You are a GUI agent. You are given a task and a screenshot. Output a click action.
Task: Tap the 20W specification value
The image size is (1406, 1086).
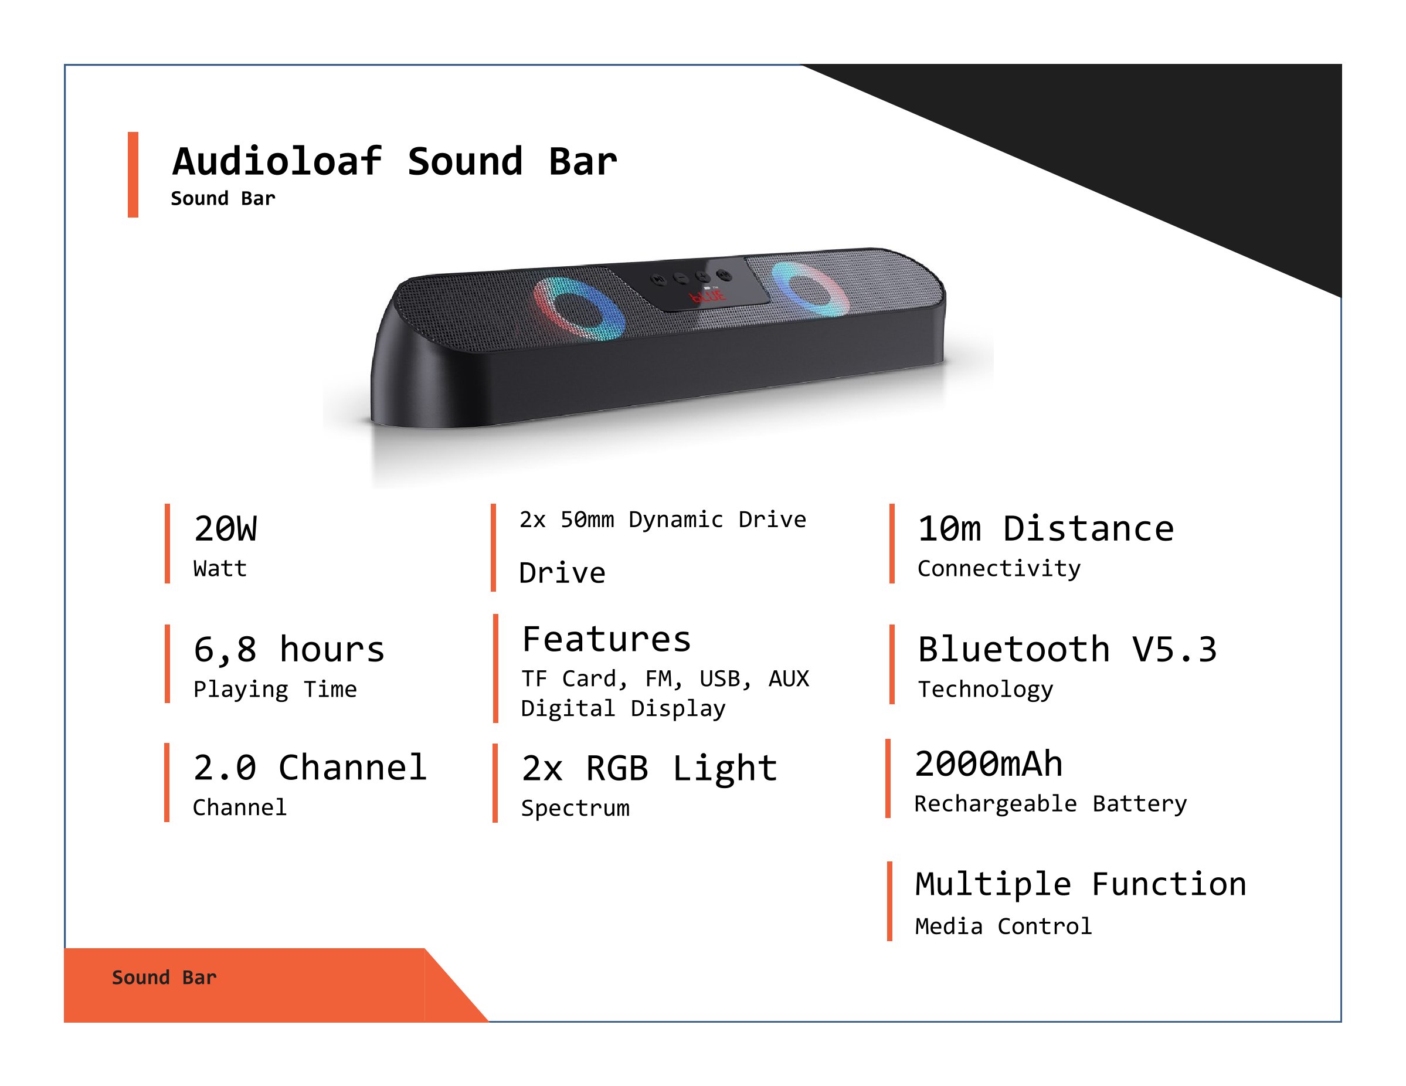point(225,529)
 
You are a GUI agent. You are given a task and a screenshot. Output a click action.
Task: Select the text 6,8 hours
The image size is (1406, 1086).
point(289,650)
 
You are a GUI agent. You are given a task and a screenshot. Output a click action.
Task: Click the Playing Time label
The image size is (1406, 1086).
point(275,690)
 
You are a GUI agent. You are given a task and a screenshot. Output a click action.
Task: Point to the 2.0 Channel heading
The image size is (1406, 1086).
point(310,768)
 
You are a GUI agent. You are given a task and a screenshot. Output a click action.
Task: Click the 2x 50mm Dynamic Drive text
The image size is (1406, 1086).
point(663,520)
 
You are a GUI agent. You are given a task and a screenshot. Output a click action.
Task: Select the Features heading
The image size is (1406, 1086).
point(606,639)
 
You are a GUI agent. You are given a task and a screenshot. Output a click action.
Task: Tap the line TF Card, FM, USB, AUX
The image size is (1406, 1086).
point(665,679)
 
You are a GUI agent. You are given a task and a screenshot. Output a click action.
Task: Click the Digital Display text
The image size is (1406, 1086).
point(623,708)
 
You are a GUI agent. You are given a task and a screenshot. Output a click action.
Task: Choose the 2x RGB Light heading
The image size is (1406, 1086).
point(650,769)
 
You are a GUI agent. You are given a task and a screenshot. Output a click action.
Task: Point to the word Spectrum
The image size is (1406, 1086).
point(576,809)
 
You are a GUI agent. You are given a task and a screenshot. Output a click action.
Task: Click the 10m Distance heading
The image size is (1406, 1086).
point(1045,529)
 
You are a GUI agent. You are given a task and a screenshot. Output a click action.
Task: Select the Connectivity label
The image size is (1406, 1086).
point(999,568)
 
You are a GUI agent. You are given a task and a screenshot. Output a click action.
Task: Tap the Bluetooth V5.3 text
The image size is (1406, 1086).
point(1067,650)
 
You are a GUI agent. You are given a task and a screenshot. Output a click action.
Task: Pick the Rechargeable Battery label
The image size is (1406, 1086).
point(1051,804)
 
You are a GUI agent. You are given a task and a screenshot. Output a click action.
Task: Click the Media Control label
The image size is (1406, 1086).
point(1003,927)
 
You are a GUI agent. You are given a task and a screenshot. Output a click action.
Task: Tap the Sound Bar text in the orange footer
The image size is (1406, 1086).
point(164,978)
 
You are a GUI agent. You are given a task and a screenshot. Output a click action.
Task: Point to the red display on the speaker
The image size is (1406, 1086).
point(708,296)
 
